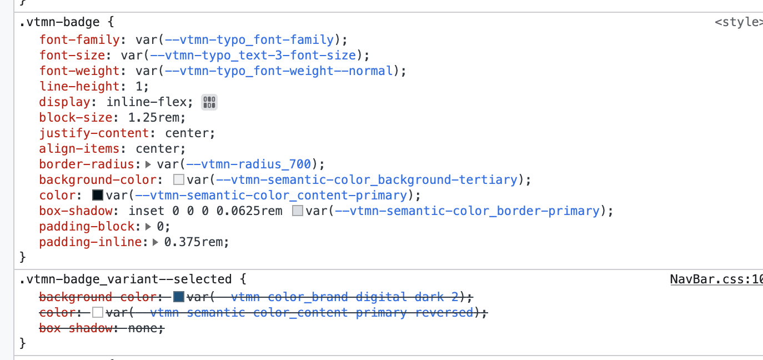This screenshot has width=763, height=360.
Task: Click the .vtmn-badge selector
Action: pos(59,23)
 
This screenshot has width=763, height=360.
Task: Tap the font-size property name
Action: pos(72,56)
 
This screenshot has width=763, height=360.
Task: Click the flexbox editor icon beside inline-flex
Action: pos(209,102)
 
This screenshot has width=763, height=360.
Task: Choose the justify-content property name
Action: pos(94,133)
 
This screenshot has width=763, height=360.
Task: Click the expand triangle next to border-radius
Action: pos(148,164)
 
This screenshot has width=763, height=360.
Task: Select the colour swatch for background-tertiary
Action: pos(179,180)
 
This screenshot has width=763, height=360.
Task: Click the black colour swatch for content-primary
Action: pos(98,196)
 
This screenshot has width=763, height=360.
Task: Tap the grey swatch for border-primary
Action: pos(298,211)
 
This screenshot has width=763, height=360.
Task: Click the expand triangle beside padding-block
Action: pos(148,227)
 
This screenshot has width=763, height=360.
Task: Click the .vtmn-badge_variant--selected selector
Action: pos(125,279)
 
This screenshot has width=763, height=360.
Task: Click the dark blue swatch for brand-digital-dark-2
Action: pos(179,297)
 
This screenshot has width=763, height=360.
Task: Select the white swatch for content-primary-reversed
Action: pos(98,313)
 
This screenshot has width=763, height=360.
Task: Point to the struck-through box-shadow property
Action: pos(76,328)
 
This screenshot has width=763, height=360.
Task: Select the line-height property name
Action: pos(79,87)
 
